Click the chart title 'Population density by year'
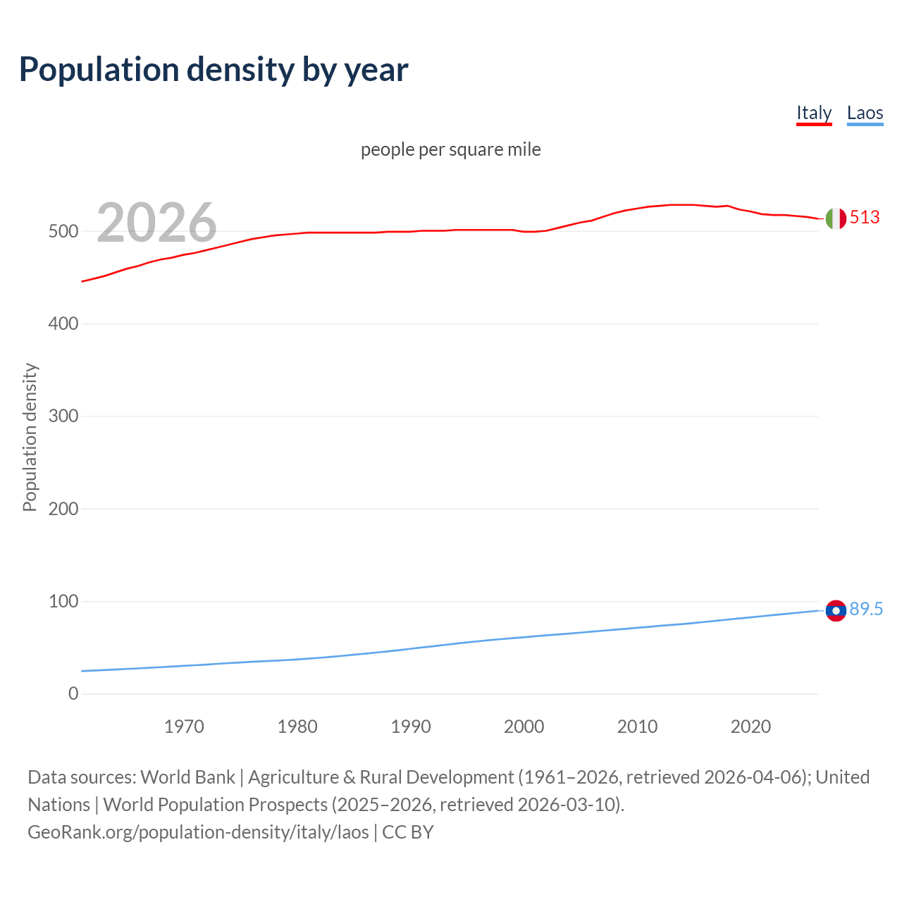point(214,70)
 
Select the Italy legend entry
point(814,113)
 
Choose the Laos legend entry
point(865,113)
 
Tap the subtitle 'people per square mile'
point(451,149)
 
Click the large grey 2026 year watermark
point(156,223)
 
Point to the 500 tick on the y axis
point(63,231)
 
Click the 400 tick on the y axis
point(63,324)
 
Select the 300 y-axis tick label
point(63,416)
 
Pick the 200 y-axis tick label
point(63,509)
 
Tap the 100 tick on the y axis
point(63,601)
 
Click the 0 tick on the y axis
point(73,694)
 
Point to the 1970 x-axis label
point(184,727)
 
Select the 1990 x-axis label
point(411,727)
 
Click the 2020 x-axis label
point(750,727)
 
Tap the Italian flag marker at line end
point(836,218)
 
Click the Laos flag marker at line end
point(836,610)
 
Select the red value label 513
point(865,217)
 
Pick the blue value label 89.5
point(866,609)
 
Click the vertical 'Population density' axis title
point(30,437)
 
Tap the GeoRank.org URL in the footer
point(198,832)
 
